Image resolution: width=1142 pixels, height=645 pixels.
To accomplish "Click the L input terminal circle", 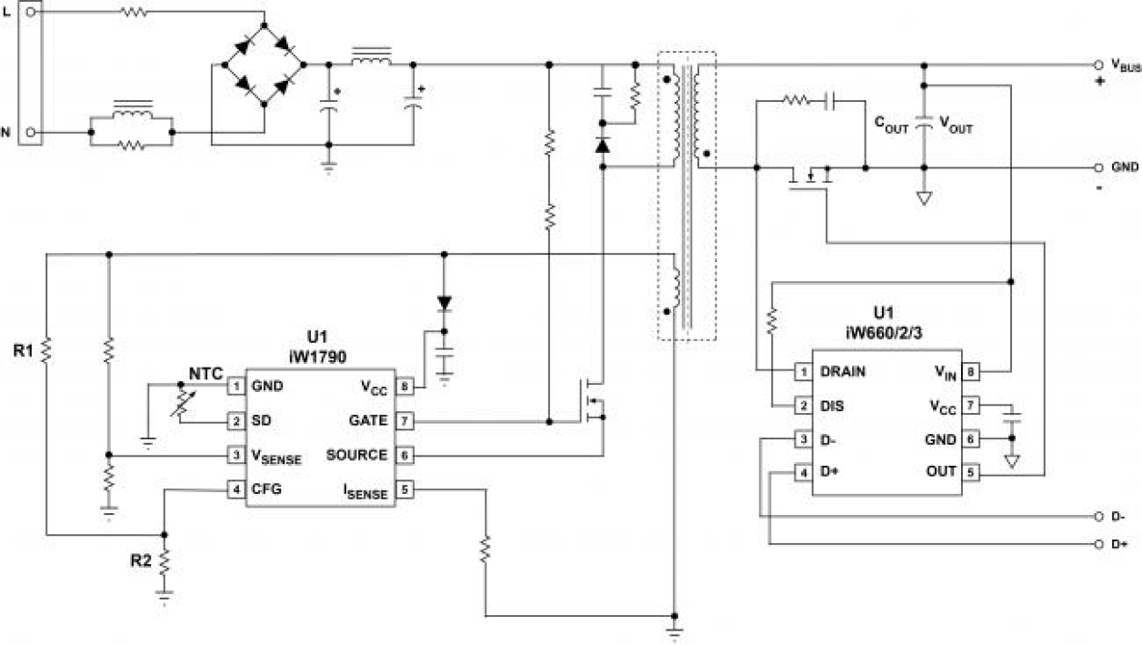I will pyautogui.click(x=31, y=13).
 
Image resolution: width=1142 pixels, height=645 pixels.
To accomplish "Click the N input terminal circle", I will pyautogui.click(x=31, y=132).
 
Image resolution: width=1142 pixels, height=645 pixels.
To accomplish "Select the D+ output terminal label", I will pyautogui.click(x=1119, y=545).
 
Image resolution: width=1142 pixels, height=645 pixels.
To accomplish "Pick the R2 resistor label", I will pyautogui.click(x=140, y=560).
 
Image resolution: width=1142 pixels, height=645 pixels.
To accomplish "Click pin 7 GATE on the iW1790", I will pyautogui.click(x=405, y=421).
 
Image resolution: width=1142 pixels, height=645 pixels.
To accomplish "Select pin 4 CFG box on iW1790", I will pyautogui.click(x=236, y=489).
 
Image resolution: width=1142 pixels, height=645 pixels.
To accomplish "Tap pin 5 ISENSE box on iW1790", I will pyautogui.click(x=405, y=489).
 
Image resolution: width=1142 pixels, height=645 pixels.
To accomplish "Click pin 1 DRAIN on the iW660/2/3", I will pyautogui.click(x=803, y=371).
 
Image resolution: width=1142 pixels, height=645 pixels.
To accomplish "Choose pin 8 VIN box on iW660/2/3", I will pyautogui.click(x=971, y=371).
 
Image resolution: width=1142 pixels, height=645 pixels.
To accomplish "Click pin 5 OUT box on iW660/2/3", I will pyautogui.click(x=971, y=472).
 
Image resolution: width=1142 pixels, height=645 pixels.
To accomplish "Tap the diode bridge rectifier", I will pyautogui.click(x=263, y=65).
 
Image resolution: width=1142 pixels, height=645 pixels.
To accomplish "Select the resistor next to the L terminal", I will pyautogui.click(x=135, y=13).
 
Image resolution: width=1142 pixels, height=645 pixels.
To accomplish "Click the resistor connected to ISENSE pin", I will pyautogui.click(x=485, y=549).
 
